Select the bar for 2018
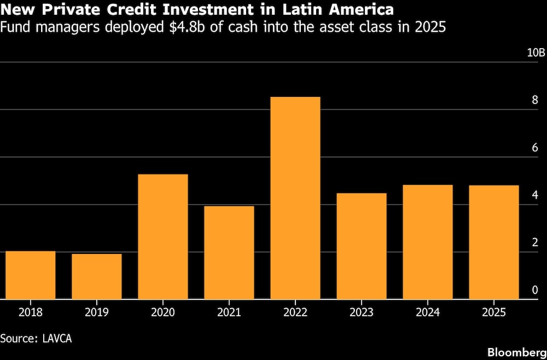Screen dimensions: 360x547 point(31,275)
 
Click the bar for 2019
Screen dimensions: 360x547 point(97,276)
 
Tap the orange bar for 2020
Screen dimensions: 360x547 point(163,236)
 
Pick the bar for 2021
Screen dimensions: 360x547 point(229,252)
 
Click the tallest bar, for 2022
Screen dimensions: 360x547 point(295,198)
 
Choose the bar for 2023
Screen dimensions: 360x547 point(362,246)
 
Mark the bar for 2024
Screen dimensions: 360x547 point(428,242)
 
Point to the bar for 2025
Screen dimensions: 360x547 point(494,242)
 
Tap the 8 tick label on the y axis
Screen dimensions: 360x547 point(536,101)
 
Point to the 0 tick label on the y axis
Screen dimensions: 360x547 point(536,290)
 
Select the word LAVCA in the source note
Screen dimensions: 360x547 point(57,338)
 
